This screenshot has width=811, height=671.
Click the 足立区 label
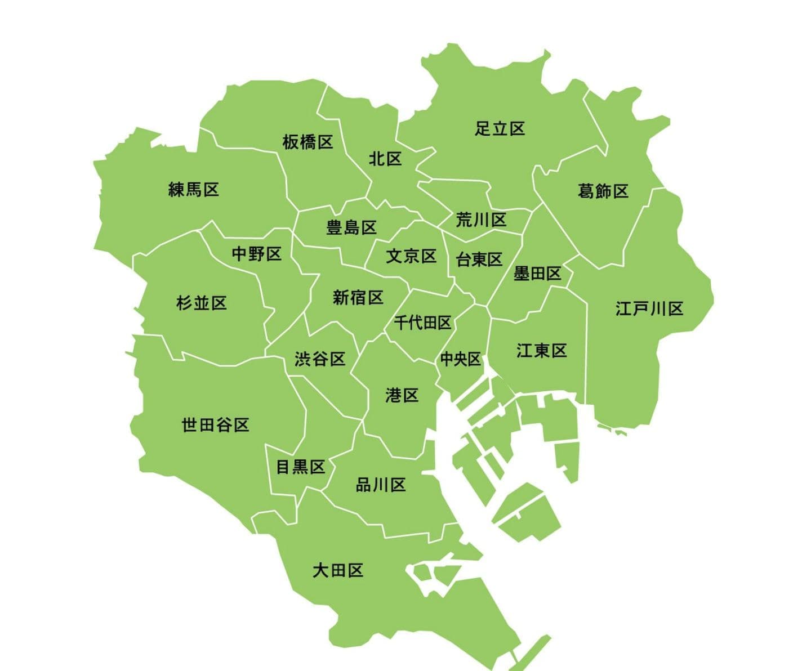click(500, 129)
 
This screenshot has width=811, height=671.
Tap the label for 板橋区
click(308, 142)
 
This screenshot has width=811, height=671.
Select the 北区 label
click(385, 159)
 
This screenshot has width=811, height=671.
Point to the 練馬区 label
click(194, 189)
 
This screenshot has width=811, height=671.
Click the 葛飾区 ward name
click(603, 191)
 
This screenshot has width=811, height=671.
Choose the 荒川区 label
click(481, 220)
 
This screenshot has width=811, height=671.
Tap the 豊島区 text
click(351, 228)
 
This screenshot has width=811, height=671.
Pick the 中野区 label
click(257, 254)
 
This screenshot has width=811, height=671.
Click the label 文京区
click(411, 256)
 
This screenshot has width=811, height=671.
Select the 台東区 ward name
click(479, 260)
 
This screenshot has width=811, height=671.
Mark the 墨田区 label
click(537, 274)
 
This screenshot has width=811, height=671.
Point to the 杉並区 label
click(202, 303)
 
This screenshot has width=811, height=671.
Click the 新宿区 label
click(358, 297)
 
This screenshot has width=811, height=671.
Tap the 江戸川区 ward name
click(649, 308)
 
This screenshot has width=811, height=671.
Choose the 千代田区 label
click(422, 323)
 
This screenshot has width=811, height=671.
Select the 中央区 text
click(460, 359)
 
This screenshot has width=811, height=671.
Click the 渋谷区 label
click(320, 359)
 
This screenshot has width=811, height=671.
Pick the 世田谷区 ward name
click(215, 424)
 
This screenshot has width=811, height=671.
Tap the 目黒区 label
click(301, 467)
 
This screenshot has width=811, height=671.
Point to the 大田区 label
click(338, 571)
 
